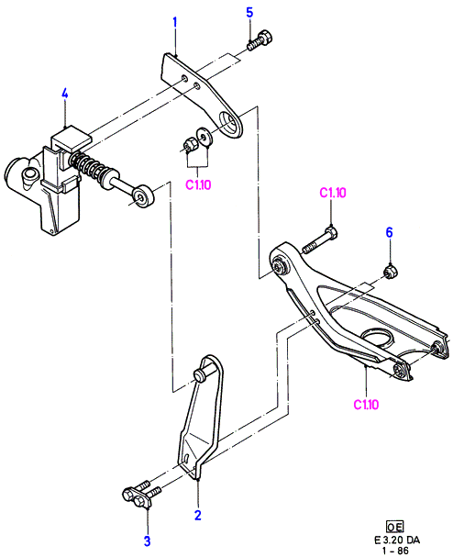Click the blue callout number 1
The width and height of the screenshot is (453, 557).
coord(174,23)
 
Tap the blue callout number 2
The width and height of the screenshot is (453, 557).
coord(198,515)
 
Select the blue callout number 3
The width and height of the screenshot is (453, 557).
coord(147,541)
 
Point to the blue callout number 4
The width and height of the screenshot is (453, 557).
coord(64,94)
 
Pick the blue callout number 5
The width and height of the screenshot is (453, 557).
coord(250,13)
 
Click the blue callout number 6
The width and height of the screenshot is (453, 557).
coord(390,233)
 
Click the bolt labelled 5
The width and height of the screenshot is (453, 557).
coord(260,41)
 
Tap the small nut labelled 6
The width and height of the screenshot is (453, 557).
coord(391,273)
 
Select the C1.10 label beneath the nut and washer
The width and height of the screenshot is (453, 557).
coord(198,184)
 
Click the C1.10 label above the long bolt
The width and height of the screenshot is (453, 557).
coord(333,193)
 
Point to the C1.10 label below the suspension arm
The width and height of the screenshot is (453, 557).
coord(366,405)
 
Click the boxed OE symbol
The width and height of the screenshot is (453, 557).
coord(395,526)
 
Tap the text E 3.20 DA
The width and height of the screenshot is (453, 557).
coord(397,540)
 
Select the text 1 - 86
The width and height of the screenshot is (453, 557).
coord(396,551)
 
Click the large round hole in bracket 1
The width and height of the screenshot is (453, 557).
coord(229,122)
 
